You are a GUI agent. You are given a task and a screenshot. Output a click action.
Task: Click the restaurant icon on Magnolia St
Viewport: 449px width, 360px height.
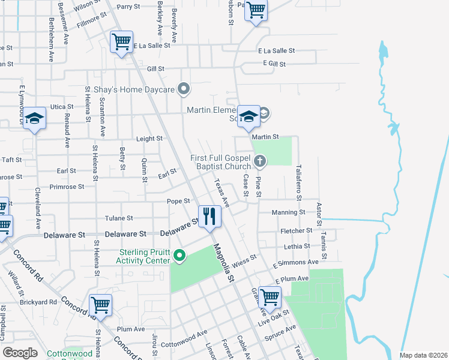click(209, 216)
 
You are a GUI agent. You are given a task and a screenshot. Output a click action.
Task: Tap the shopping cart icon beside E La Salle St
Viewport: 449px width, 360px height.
click(121, 43)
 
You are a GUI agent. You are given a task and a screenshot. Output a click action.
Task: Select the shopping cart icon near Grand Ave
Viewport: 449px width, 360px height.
click(270, 296)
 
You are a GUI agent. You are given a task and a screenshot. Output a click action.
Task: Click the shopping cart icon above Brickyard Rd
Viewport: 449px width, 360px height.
click(100, 305)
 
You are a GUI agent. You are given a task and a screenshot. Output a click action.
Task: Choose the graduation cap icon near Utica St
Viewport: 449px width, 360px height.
click(35, 118)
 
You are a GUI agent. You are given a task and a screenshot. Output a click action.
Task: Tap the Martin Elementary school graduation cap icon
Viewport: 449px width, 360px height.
click(248, 116)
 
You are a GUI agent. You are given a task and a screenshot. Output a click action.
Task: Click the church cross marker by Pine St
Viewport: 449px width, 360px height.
click(260, 160)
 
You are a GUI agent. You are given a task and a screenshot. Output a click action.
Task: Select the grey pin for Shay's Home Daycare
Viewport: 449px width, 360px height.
click(185, 90)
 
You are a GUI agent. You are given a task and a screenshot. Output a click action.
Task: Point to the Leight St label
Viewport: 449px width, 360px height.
click(149, 139)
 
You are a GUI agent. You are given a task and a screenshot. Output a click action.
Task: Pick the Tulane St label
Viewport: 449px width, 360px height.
click(119, 218)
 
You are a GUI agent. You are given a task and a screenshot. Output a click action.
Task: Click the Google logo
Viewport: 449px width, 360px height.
click(20, 353)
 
